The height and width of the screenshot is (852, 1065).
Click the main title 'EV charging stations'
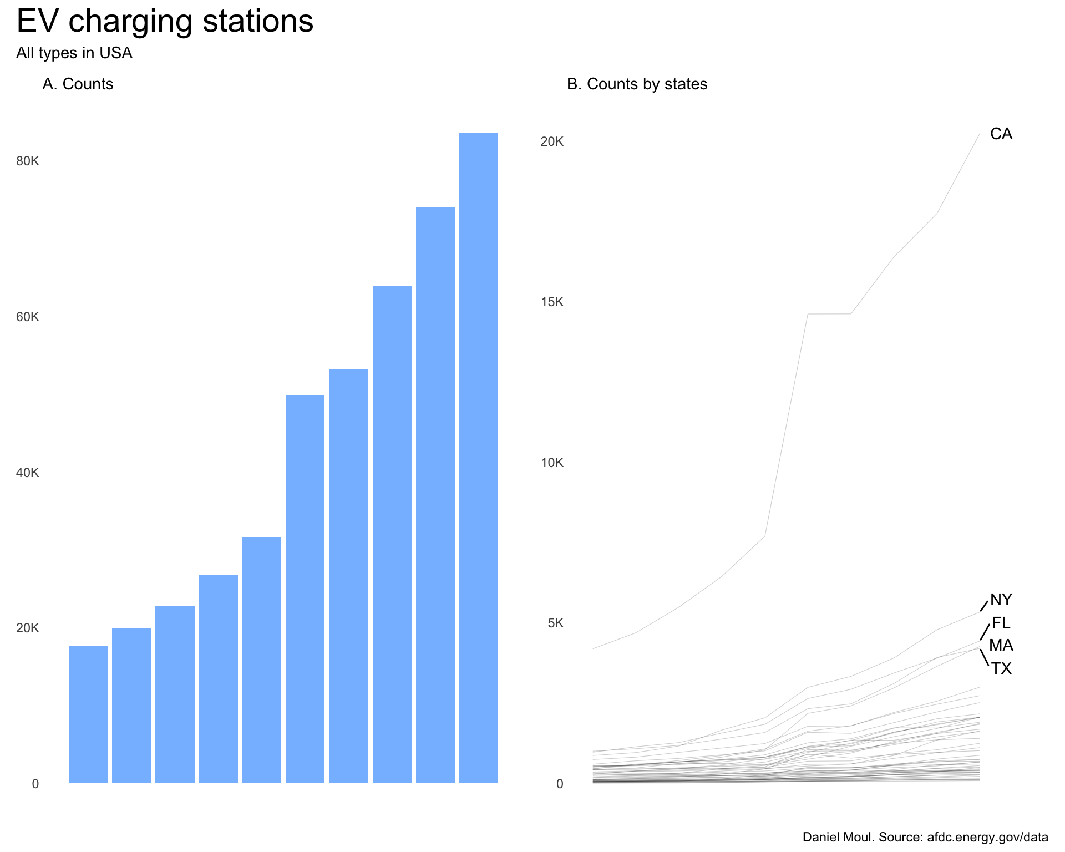(165, 22)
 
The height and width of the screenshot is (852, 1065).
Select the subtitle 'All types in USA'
(74, 53)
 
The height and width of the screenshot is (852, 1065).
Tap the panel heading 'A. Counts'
(78, 84)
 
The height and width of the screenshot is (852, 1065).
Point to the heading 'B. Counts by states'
(637, 84)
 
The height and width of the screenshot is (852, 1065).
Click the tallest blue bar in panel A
(478, 458)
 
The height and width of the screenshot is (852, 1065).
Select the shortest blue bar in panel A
(88, 714)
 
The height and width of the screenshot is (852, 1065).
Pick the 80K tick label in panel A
(28, 161)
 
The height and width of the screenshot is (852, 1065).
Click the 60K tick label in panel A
(28, 317)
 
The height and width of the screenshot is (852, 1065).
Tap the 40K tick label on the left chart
(28, 473)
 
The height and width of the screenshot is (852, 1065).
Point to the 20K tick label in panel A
(28, 628)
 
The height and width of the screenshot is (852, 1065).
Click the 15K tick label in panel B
(552, 302)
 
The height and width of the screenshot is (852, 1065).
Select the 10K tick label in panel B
(552, 463)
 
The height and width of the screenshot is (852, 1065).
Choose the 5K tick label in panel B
(555, 623)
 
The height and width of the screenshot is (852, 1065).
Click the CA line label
(1001, 134)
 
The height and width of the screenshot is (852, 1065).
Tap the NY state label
(1001, 600)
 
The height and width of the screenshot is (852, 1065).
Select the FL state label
(1001, 623)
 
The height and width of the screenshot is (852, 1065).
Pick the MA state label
(1001, 646)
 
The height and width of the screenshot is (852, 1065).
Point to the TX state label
(1001, 669)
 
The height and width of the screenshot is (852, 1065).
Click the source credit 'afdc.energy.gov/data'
(987, 838)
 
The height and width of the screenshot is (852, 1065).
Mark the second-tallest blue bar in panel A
(435, 495)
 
